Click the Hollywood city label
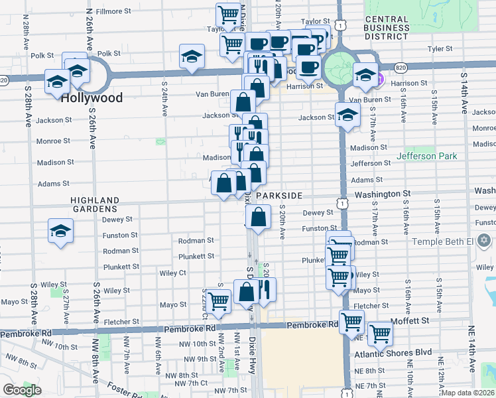point(92,98)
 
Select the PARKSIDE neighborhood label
point(280,196)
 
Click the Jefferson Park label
point(426,157)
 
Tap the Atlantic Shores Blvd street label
point(402,352)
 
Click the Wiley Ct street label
point(172,273)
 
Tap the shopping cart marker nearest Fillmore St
point(228,14)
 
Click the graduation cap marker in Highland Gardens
point(61,231)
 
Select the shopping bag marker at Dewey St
point(258,216)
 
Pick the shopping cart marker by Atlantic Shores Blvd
point(380,333)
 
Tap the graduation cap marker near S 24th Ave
point(192,57)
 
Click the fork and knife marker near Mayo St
point(264,289)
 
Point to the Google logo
point(22,390)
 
